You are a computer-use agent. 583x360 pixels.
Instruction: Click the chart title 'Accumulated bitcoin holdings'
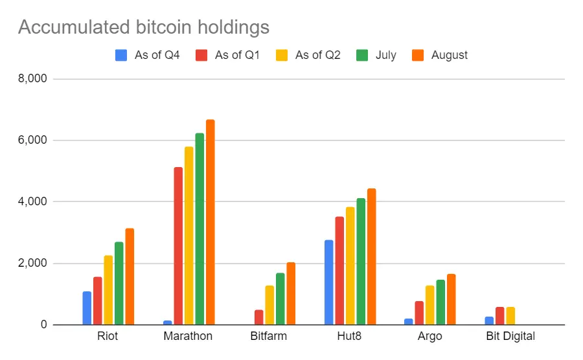tap(143, 27)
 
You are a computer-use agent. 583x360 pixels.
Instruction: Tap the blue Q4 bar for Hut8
tap(329, 282)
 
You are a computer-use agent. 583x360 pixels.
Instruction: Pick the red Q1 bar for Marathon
tap(177, 246)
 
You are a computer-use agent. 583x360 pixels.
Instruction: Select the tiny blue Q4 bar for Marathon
tap(167, 322)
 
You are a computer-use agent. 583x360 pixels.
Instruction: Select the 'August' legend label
tap(449, 55)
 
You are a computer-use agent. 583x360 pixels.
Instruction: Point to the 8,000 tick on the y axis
tap(34, 79)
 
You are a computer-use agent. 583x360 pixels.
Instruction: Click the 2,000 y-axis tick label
tap(34, 264)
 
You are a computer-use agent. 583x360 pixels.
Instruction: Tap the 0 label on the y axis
tap(43, 325)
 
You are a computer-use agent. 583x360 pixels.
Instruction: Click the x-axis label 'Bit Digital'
tap(510, 336)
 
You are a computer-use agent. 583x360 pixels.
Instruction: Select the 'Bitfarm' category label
tap(269, 336)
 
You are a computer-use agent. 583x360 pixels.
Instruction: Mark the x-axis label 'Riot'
tap(108, 336)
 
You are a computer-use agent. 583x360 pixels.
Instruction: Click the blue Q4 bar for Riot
tap(87, 308)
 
